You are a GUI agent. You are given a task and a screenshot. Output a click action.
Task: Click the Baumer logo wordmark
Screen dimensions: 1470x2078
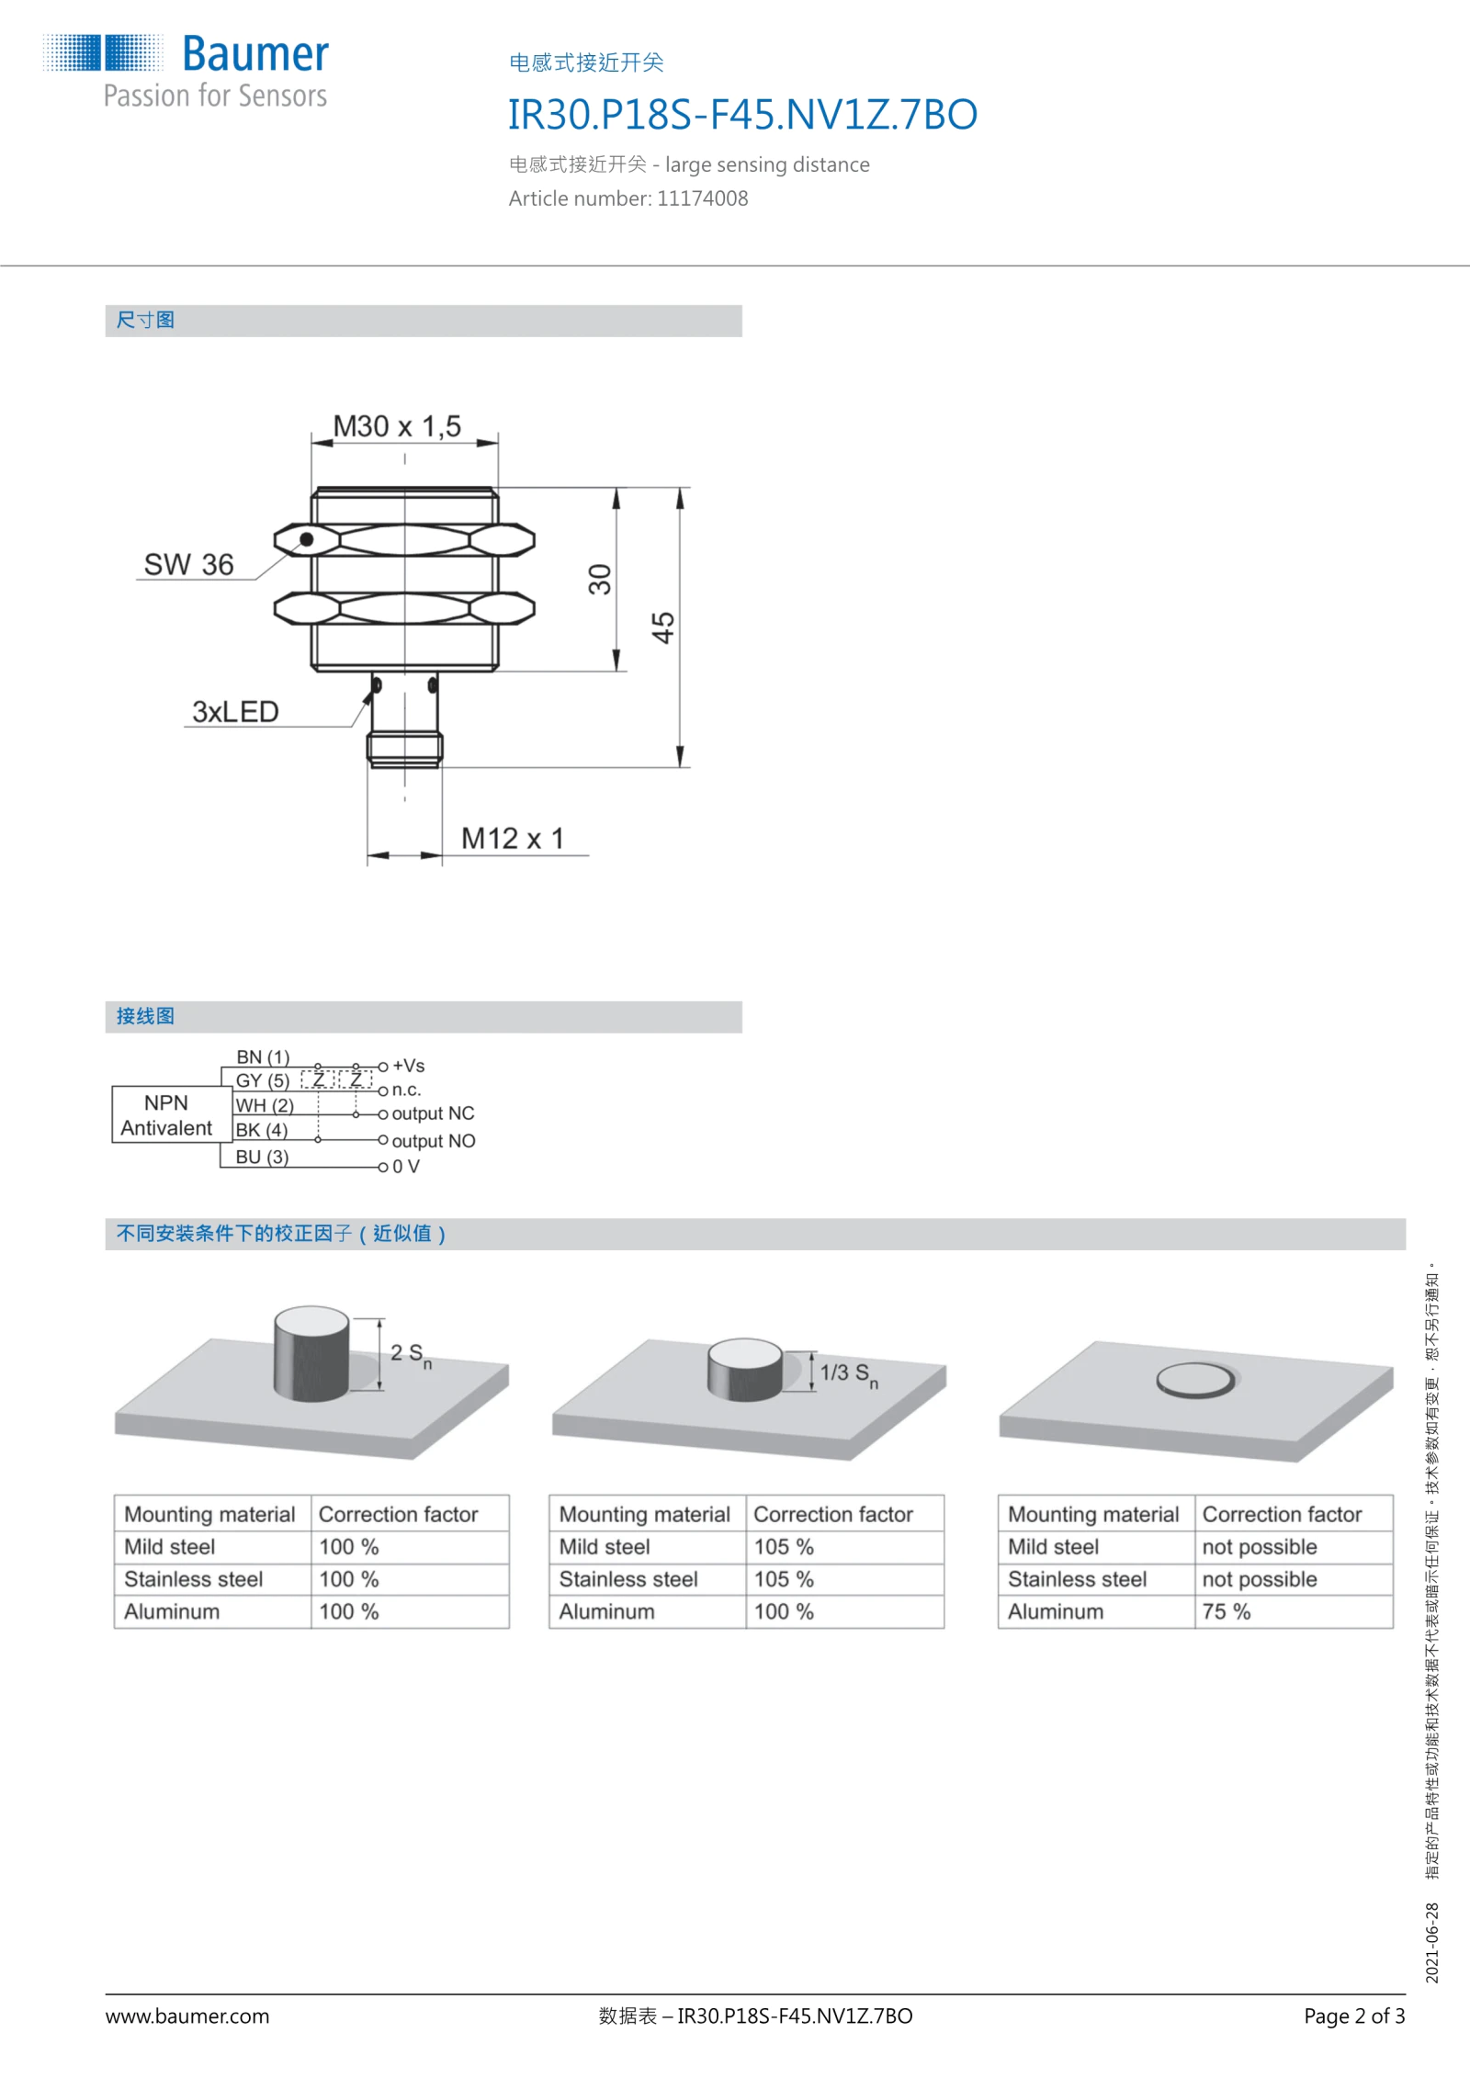(255, 54)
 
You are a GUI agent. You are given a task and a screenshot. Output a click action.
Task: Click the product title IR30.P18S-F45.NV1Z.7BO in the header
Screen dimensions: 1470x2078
(742, 115)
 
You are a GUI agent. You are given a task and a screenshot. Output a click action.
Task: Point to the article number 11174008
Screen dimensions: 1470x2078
(702, 198)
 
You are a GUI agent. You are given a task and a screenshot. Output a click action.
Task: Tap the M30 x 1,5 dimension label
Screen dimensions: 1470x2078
(397, 426)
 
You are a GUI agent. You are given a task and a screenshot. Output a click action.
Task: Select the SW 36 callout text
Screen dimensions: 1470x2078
(188, 564)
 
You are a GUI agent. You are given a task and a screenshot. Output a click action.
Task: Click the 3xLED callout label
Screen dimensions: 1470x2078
(235, 712)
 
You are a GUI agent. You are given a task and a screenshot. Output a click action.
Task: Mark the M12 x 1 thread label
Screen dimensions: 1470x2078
(513, 839)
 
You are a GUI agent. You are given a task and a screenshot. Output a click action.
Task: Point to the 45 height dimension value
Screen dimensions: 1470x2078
(662, 627)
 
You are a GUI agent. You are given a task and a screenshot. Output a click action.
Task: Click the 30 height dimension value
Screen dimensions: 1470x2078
(599, 579)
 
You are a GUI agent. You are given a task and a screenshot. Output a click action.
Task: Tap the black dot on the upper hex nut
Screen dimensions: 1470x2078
(307, 539)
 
